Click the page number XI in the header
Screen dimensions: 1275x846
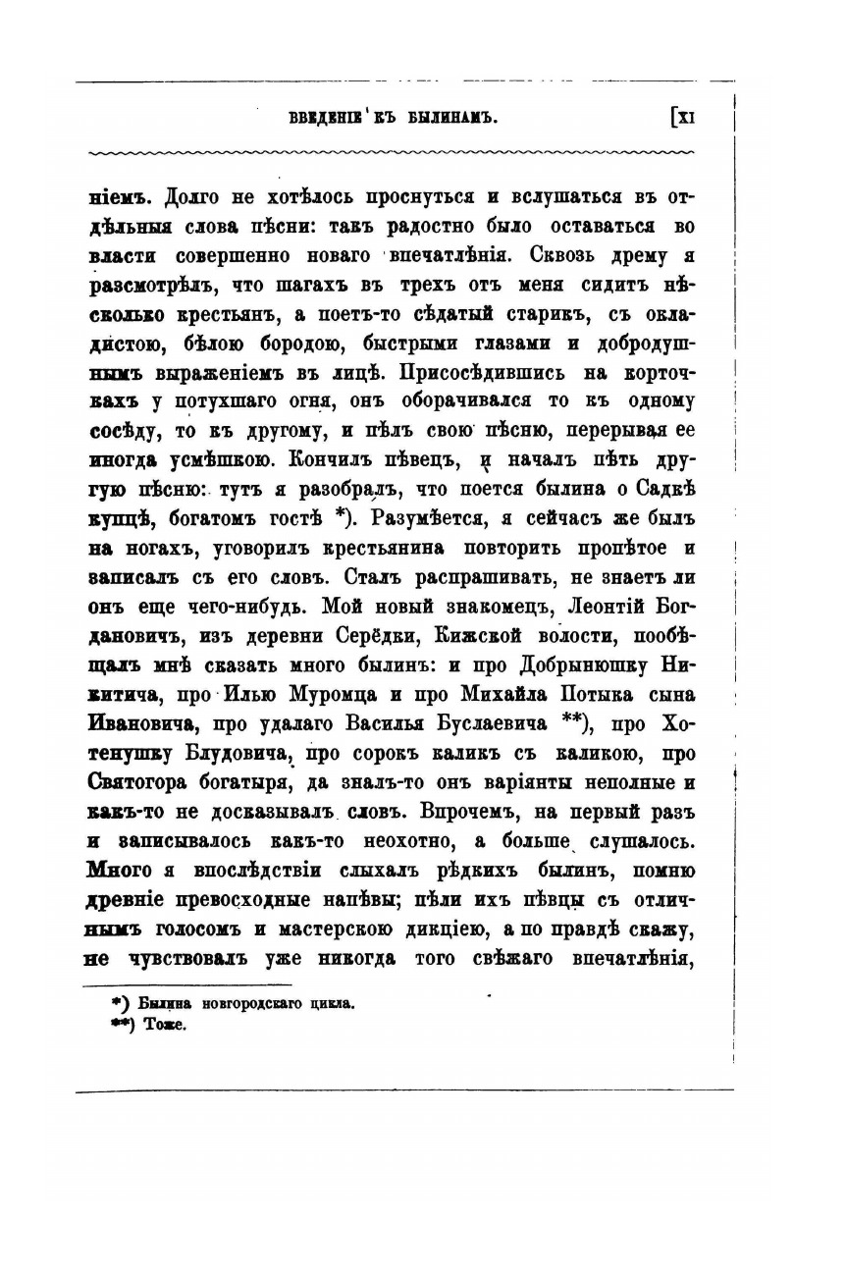coord(684,118)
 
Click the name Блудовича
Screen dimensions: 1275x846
coord(243,754)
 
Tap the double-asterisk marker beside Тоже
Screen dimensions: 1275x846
coord(123,1024)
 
